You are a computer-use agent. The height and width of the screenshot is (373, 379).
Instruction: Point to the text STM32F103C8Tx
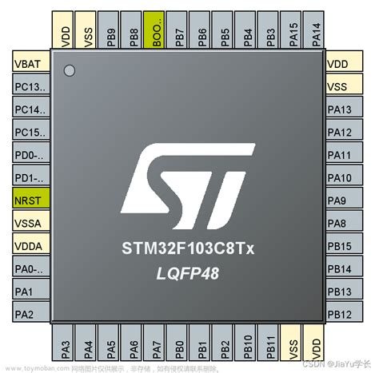189,250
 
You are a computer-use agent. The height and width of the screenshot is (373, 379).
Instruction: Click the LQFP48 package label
189,274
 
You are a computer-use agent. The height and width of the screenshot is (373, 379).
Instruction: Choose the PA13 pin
349,109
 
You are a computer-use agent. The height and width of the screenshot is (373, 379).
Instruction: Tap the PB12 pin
349,315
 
